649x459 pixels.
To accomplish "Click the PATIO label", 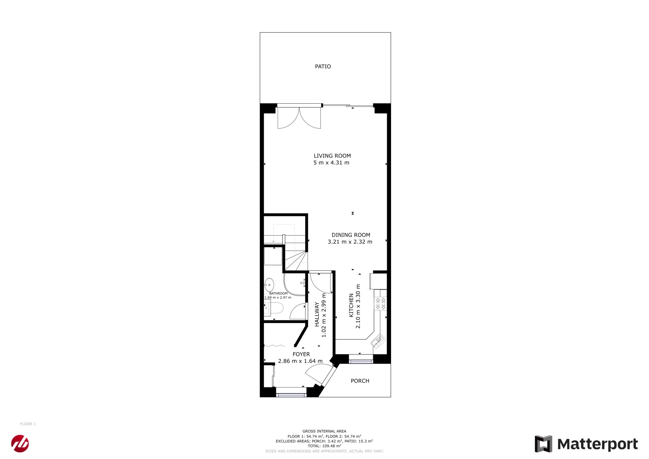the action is [x=323, y=67].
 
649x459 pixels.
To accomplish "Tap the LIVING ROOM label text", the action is [x=332, y=156].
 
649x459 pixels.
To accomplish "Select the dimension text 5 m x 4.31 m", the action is [x=331, y=163].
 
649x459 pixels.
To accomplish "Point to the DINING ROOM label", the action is [x=351, y=235].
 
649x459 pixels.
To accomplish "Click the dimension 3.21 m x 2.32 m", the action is [x=350, y=242].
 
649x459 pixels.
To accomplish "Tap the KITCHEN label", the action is [x=351, y=305].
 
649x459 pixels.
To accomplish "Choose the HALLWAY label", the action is [x=317, y=314].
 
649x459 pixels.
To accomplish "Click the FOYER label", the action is [x=301, y=354].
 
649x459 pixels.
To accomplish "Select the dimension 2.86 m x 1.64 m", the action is [x=300, y=361].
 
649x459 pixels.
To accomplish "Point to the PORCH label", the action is [x=360, y=381].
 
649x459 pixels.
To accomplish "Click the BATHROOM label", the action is [x=278, y=294].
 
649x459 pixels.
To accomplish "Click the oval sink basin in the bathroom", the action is [x=269, y=285].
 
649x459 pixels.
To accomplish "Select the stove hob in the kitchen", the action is [x=380, y=304].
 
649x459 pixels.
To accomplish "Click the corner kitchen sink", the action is [x=378, y=341].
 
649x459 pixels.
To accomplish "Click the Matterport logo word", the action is [x=597, y=444].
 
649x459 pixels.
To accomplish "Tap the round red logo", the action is [x=20, y=443].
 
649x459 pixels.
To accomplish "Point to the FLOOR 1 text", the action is [x=28, y=424].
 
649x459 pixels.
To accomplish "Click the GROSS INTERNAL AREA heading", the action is [x=324, y=431].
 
